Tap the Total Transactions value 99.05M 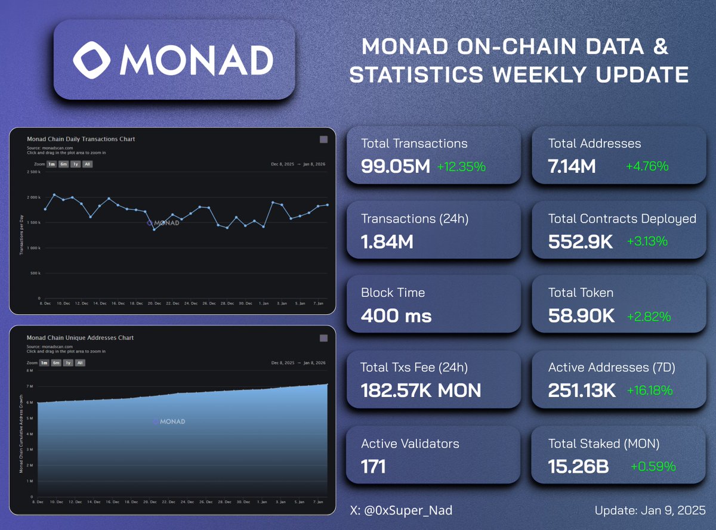tap(395, 166)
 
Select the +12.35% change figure tap(461, 167)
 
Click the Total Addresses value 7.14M tap(572, 166)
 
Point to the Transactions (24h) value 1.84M tap(387, 241)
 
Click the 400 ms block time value tap(396, 315)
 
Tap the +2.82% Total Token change tap(649, 317)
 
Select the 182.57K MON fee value tap(421, 390)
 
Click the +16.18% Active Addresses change tap(650, 390)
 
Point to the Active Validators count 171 tap(374, 466)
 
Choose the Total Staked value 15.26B tap(578, 466)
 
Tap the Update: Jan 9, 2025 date tap(650, 510)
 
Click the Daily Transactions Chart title tap(81, 139)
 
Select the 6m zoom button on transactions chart tap(64, 164)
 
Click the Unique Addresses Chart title tap(80, 337)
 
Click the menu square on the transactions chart tap(323, 140)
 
